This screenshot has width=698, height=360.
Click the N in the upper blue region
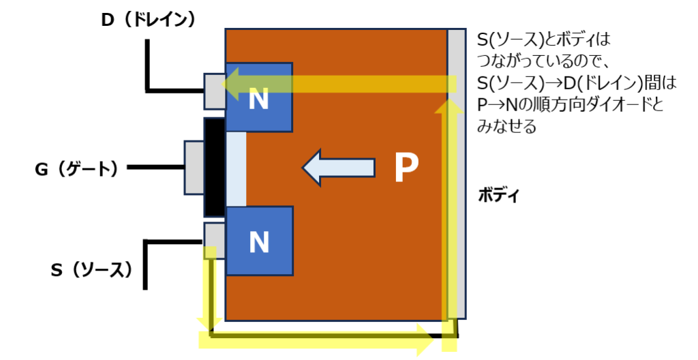coord(258,100)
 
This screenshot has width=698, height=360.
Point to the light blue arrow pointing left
coord(339,168)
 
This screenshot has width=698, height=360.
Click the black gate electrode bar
coord(214,168)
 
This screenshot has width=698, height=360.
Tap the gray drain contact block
coord(214,91)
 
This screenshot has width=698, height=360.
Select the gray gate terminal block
coord(194,168)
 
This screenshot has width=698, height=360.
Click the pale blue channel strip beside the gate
coord(235,169)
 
